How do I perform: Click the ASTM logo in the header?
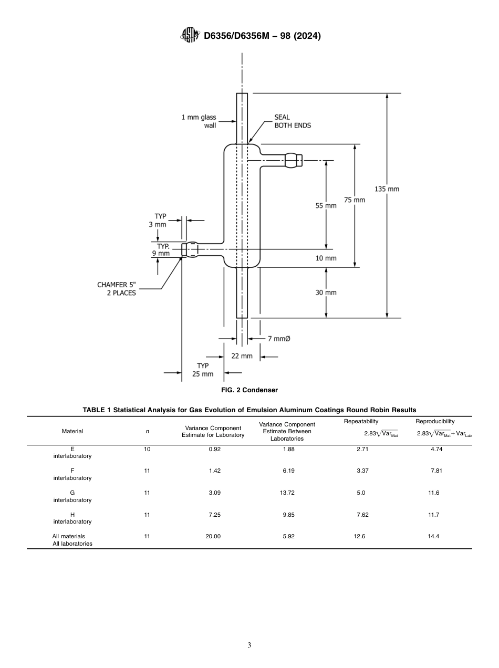190,35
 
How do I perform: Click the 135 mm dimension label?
387,189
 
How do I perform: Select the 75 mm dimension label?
355,200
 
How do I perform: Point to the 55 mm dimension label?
326,206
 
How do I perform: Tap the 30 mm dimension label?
326,293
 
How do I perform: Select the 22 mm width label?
242,356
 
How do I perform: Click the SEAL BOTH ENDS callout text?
292,121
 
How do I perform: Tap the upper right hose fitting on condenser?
294,160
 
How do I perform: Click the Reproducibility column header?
435,421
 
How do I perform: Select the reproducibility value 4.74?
435,449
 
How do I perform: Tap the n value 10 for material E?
147,449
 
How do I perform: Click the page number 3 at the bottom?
249,645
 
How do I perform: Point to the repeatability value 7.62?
362,515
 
